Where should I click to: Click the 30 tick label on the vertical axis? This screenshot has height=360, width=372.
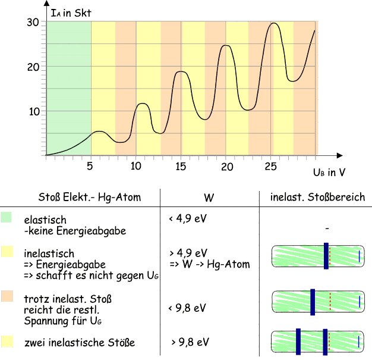pyautogui.click(x=33, y=23)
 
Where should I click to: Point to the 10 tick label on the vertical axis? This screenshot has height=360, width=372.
pyautogui.click(x=34, y=111)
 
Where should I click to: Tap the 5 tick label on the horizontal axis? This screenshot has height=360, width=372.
pyautogui.click(x=90, y=167)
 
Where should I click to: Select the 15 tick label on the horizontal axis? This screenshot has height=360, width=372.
pyautogui.click(x=181, y=167)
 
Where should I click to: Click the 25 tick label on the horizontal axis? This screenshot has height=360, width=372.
pyautogui.click(x=272, y=167)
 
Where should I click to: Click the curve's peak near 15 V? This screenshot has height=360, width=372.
pyautogui.click(x=182, y=71)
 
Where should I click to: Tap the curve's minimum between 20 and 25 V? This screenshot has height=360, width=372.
pyautogui.click(x=248, y=109)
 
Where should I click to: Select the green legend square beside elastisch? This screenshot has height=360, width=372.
pyautogui.click(x=7, y=217)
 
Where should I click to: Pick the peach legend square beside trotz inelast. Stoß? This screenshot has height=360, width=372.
pyautogui.click(x=7, y=296)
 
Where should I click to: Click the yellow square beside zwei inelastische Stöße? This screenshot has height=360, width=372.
pyautogui.click(x=7, y=341)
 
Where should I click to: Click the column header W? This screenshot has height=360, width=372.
pyautogui.click(x=208, y=198)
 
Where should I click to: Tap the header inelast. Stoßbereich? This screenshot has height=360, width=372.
pyautogui.click(x=317, y=198)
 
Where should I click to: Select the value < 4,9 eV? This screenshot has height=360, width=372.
pyautogui.click(x=188, y=219)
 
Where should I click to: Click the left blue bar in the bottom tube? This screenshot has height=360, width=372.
pyautogui.click(x=298, y=341)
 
